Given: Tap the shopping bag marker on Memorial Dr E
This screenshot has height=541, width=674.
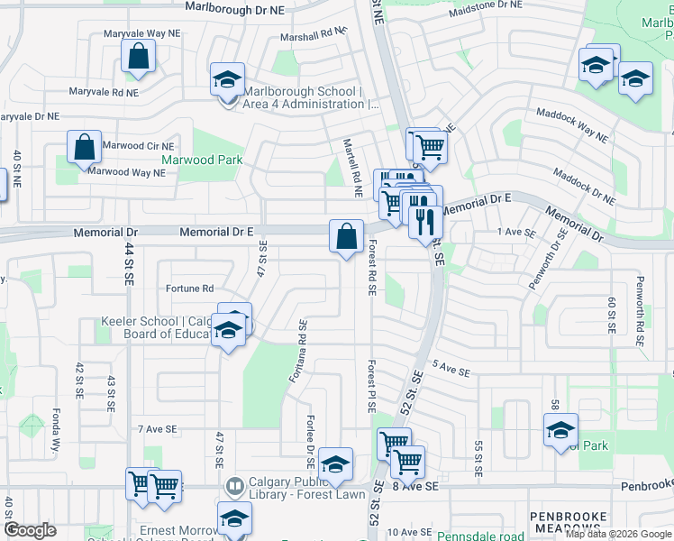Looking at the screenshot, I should [347, 237].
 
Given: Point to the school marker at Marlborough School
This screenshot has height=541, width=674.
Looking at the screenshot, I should [227, 80].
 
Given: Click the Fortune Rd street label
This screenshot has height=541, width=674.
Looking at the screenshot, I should [189, 289].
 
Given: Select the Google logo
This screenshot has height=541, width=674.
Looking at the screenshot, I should [30, 530].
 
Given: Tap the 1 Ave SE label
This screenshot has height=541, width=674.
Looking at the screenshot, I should [516, 232].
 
